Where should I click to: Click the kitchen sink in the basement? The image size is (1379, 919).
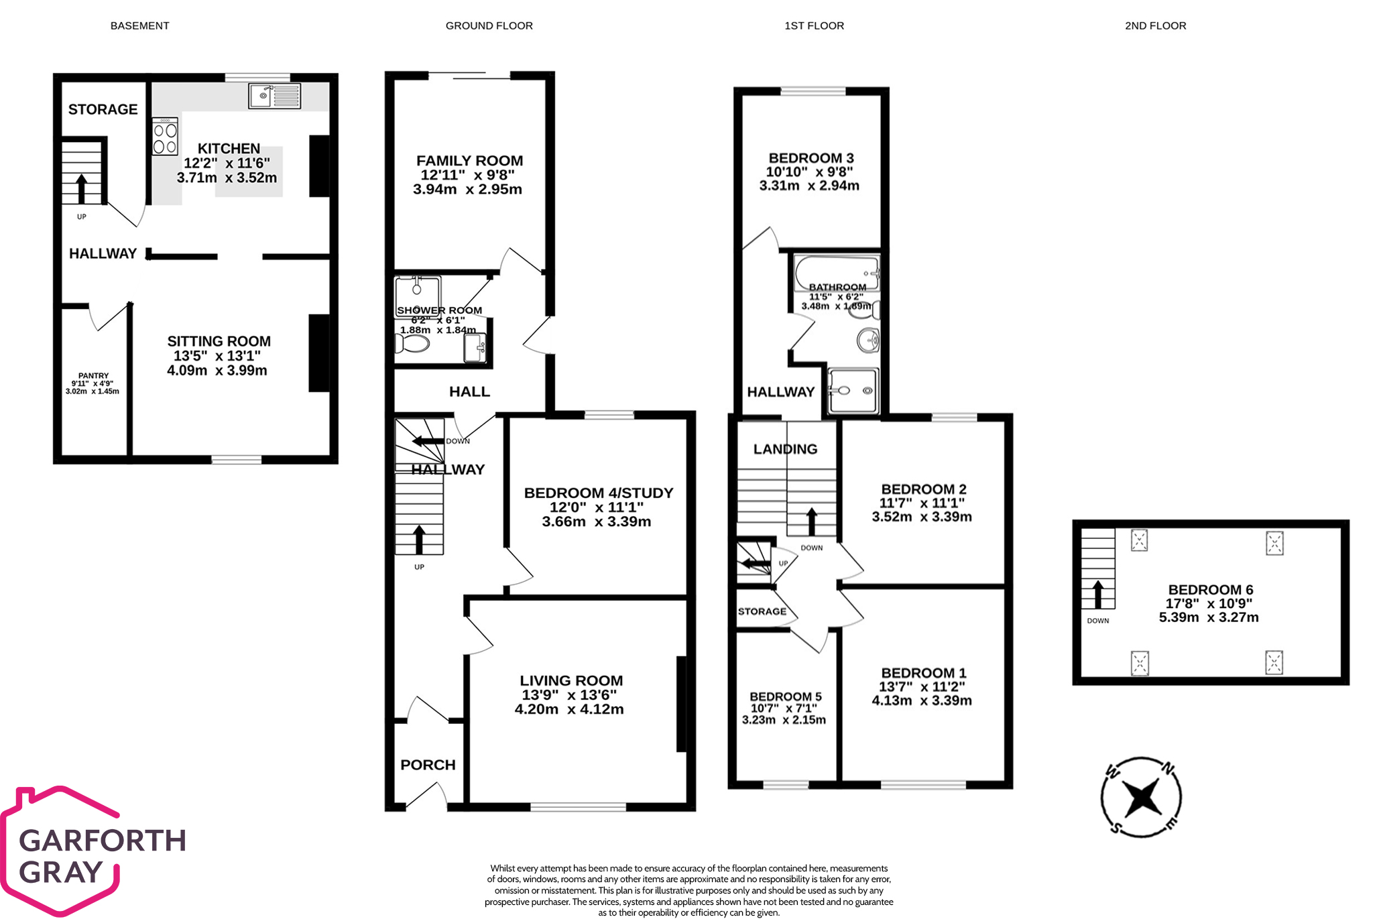(275, 96)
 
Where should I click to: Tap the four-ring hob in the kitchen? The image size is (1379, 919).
(165, 137)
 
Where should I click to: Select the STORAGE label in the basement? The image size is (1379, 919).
(103, 109)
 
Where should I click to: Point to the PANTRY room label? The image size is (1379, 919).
(93, 376)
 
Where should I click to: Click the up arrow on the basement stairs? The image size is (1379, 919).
(81, 188)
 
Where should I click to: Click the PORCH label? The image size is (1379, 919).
(428, 765)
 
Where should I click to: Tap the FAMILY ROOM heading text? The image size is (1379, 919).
(469, 161)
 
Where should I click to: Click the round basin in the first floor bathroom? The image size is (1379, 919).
(869, 340)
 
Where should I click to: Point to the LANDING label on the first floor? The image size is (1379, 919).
(785, 449)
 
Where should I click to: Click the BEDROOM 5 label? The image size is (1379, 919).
(785, 696)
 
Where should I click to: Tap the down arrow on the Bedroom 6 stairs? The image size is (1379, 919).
(1097, 594)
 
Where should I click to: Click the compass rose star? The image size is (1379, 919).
(1141, 798)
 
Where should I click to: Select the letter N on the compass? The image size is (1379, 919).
(1167, 768)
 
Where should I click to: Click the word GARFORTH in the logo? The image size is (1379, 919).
(103, 841)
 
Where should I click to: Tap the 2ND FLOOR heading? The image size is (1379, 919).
(1155, 25)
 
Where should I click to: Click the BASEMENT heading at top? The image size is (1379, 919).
(139, 25)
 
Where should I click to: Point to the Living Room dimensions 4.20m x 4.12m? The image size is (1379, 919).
(569, 709)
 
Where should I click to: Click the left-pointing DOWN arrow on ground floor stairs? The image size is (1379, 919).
(428, 441)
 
